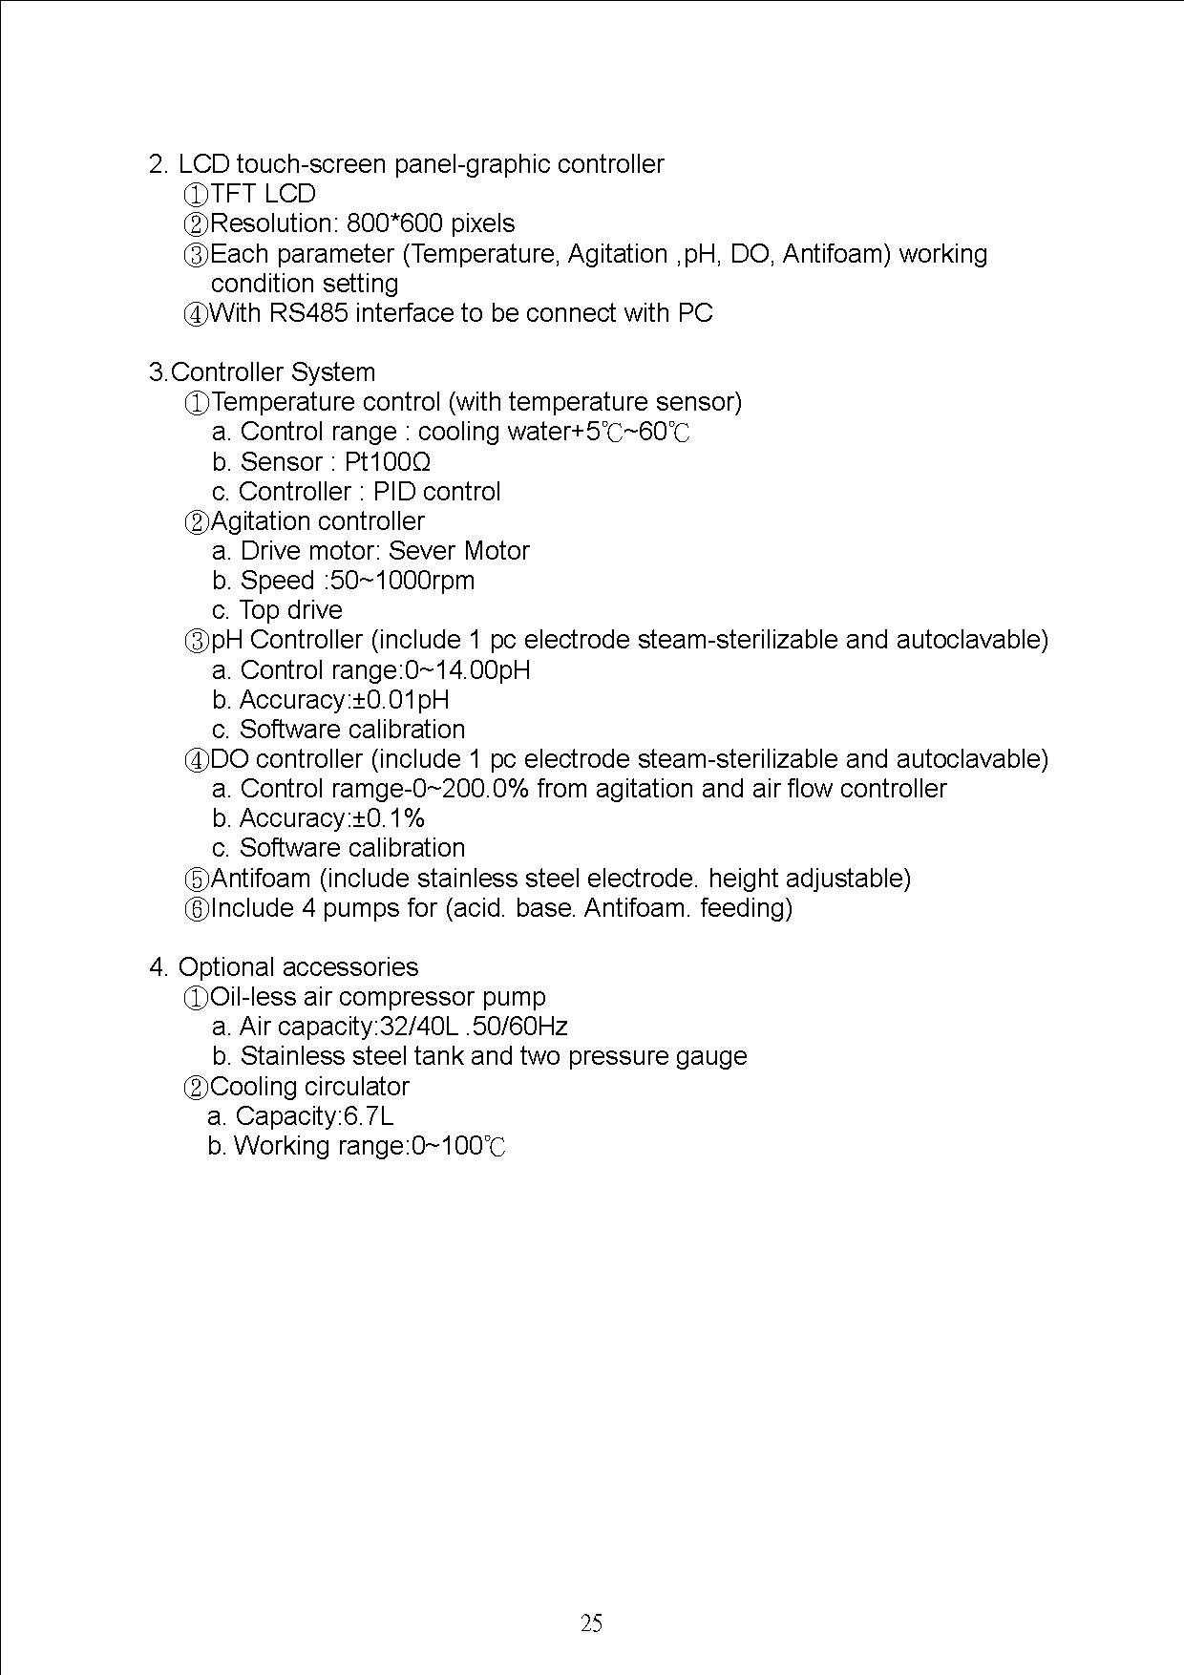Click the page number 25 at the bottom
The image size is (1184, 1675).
591,1622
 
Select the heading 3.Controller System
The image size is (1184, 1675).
262,372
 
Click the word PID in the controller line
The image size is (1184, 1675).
393,492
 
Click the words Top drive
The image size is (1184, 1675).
290,610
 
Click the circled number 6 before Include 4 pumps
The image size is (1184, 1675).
196,908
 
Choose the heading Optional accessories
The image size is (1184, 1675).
298,967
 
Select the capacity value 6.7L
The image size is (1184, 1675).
369,1116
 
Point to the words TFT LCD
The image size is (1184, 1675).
263,194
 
